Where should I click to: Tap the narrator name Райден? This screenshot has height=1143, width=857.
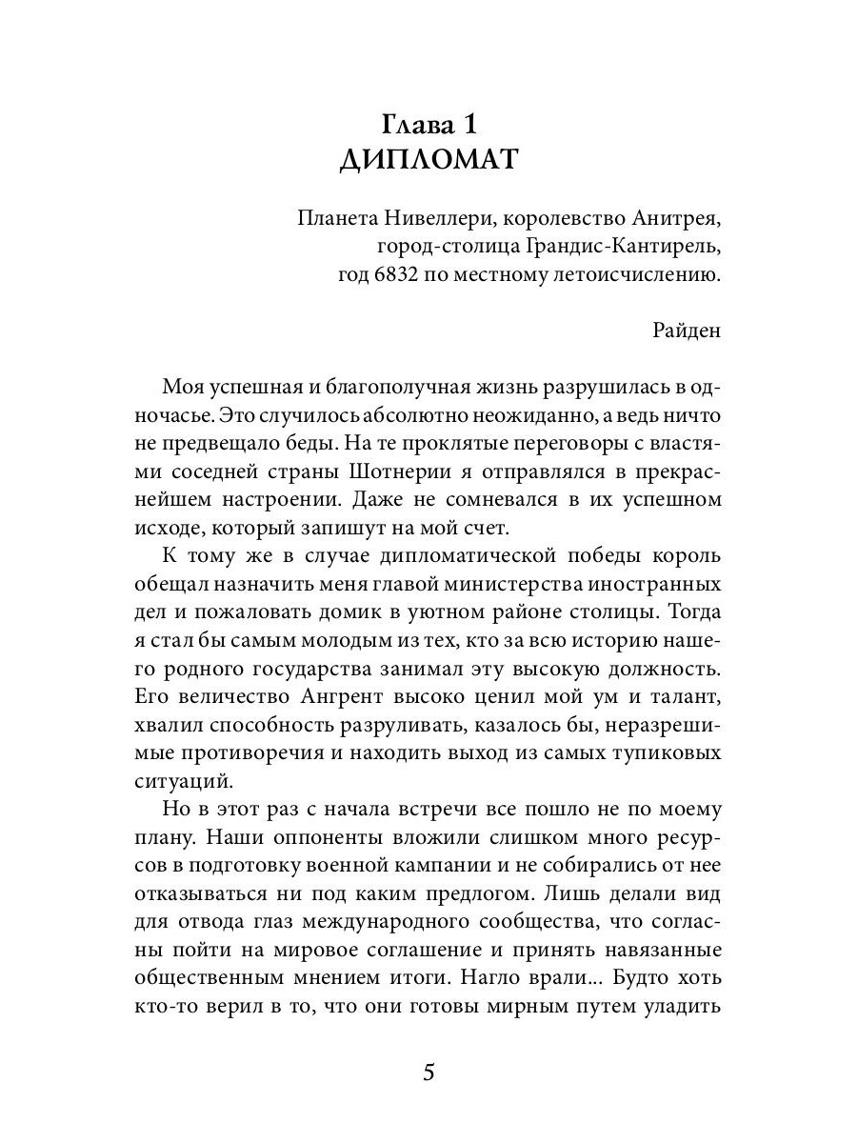point(688,331)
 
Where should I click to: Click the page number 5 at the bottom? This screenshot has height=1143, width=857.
point(428,1073)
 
